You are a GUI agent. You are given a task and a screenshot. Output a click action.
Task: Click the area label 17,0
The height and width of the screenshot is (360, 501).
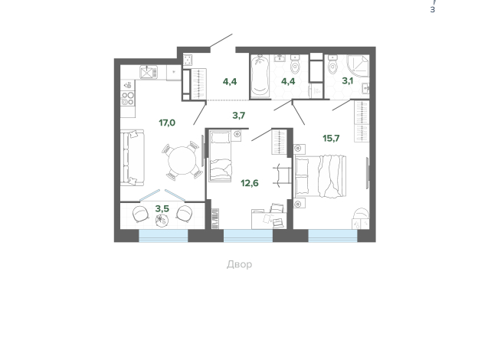pyautogui.click(x=167, y=122)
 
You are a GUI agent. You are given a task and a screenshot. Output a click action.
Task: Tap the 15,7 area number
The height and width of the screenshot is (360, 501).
pyautogui.click(x=331, y=138)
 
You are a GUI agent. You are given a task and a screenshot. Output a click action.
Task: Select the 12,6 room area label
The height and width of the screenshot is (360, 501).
pyautogui.click(x=250, y=182)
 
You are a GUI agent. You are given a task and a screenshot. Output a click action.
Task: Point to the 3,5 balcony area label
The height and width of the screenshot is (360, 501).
pyautogui.click(x=162, y=208)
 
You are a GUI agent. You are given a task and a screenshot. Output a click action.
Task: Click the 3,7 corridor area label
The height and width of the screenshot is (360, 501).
pyautogui.click(x=239, y=116)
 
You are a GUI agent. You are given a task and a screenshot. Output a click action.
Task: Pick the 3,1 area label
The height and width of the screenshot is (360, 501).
pyautogui.click(x=348, y=80)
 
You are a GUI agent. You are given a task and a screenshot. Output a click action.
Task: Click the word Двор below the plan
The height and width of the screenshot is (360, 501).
pyautogui.click(x=239, y=264)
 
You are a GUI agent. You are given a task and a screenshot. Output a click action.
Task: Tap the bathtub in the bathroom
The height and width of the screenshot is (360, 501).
pyautogui.click(x=260, y=77)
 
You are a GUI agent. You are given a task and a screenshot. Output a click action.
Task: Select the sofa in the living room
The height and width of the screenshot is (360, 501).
pyautogui.click(x=133, y=158)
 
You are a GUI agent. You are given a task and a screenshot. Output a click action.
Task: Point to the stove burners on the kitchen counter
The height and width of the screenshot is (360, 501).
pyautogui.click(x=128, y=98)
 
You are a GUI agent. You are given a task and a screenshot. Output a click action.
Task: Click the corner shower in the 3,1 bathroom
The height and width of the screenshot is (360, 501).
pyautogui.click(x=358, y=67)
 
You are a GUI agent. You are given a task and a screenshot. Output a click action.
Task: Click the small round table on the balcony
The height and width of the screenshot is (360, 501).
pyautogui.click(x=162, y=220)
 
